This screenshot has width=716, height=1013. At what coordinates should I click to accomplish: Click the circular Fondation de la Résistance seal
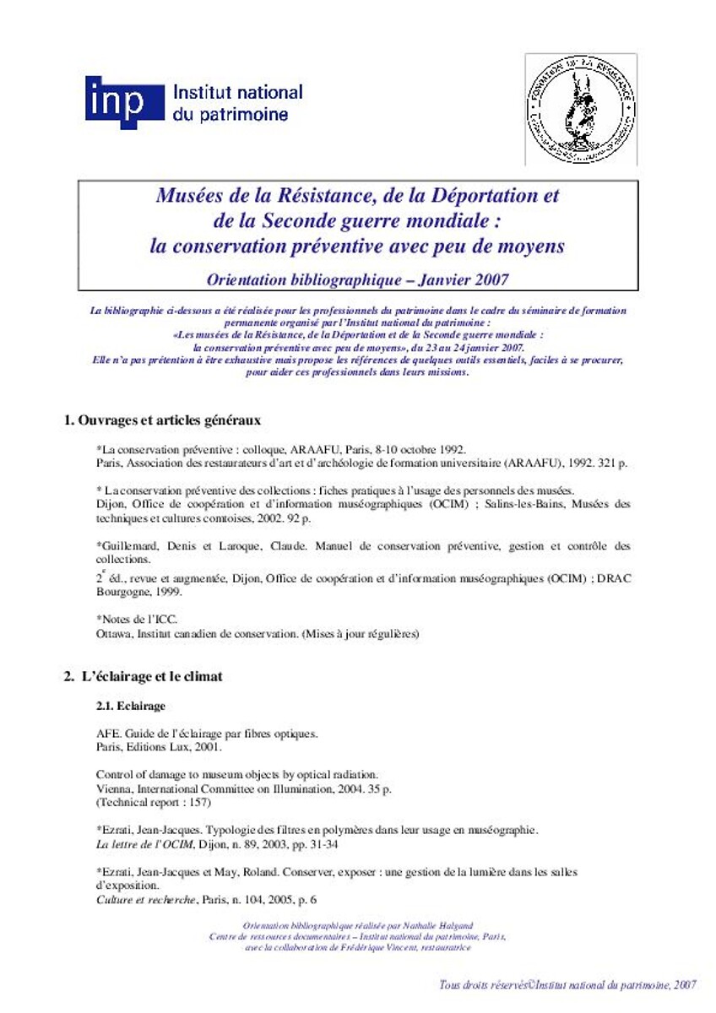point(581,108)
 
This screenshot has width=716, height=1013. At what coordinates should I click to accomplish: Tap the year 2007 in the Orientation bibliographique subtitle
point(491,277)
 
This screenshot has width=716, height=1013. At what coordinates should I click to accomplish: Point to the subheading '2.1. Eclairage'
point(130,705)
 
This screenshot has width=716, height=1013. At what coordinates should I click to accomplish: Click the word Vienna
point(115,787)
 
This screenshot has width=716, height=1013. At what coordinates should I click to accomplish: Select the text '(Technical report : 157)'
point(153,802)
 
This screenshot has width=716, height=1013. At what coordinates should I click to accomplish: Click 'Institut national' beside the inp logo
point(237,93)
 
